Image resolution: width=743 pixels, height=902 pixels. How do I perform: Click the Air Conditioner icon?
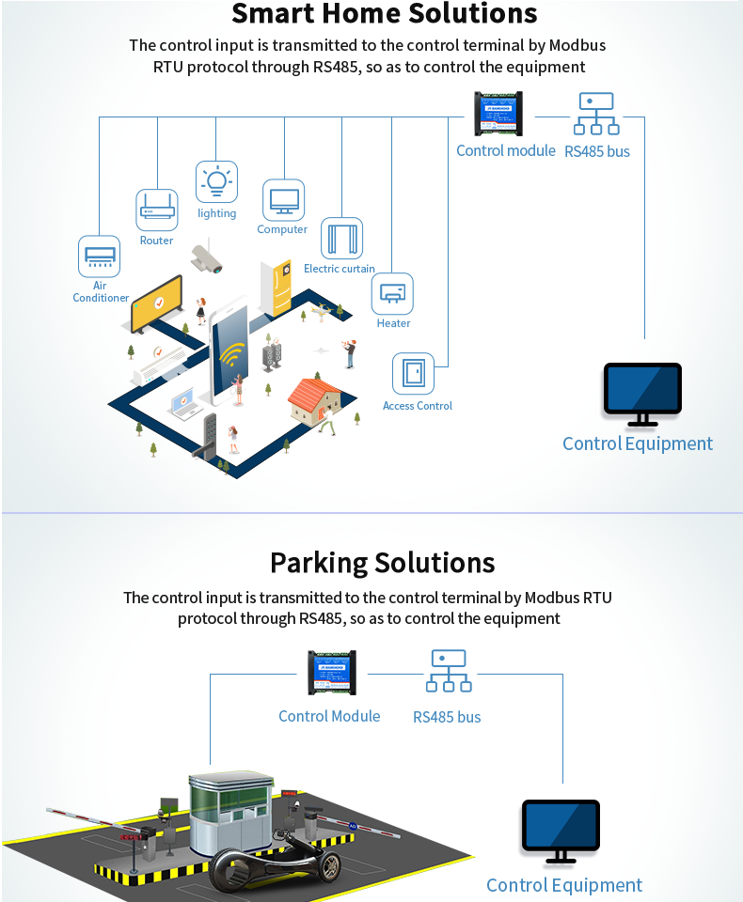point(99,256)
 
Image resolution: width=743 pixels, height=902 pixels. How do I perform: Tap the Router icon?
point(157,210)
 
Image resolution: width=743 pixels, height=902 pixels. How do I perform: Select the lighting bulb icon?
point(216,181)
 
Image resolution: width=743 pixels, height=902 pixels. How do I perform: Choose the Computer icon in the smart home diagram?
point(283,200)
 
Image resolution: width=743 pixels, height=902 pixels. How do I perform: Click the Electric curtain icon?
point(341,239)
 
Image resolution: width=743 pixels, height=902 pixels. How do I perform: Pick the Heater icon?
point(393,294)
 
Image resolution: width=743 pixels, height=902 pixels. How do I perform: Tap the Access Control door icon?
point(414,373)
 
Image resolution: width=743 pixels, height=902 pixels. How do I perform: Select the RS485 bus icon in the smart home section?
point(596,115)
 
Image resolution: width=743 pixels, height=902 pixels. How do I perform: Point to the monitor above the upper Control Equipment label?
point(642,394)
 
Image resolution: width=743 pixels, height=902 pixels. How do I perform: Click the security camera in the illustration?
point(206,258)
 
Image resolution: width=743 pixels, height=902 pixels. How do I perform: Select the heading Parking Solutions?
point(382,563)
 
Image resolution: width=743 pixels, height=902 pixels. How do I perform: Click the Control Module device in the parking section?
point(332,673)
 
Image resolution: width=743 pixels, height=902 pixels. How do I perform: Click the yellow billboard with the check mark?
point(156,303)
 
